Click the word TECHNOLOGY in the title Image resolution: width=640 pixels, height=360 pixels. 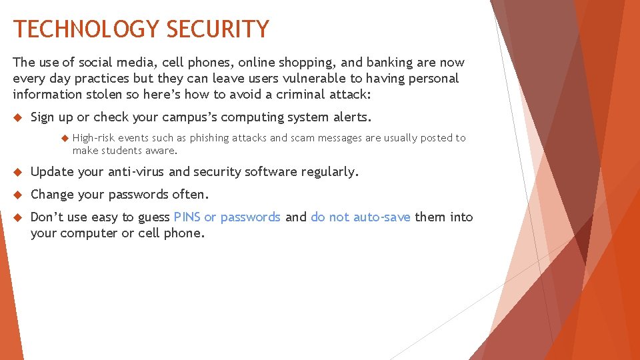coord(87,29)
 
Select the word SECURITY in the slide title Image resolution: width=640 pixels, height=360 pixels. coord(218,29)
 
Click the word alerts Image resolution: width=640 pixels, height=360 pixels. coord(351,117)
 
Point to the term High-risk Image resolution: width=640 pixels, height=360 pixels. coord(94,138)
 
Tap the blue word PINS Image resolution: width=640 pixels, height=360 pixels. coord(187,217)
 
